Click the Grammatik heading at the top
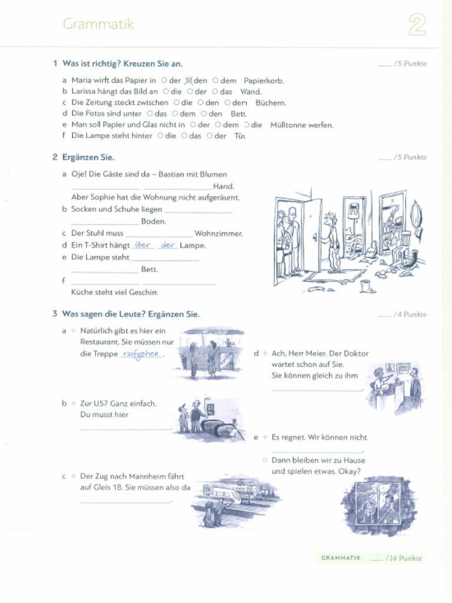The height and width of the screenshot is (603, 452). (98, 24)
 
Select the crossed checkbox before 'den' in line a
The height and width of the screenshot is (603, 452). (189, 81)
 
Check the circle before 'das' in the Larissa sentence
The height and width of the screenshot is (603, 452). (215, 92)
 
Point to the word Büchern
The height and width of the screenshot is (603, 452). (271, 102)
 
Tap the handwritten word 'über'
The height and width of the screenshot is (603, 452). (142, 245)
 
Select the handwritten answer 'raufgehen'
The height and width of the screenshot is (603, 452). (141, 354)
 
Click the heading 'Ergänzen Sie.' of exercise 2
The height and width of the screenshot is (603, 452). (88, 157)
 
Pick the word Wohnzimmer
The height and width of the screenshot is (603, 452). (218, 234)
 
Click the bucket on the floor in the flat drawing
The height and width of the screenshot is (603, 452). (367, 286)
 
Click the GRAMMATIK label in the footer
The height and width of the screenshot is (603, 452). (341, 558)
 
